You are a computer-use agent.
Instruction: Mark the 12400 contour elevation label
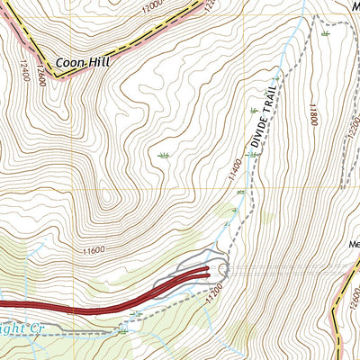pyautogui.click(x=22, y=70)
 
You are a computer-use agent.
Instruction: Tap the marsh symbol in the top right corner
pyautogui.click(x=325, y=33)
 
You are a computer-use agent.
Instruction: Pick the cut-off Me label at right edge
pyautogui.click(x=353, y=243)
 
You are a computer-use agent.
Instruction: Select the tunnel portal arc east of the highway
pyautogui.click(x=225, y=267)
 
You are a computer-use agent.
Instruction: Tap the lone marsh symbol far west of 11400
pyautogui.click(x=163, y=156)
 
